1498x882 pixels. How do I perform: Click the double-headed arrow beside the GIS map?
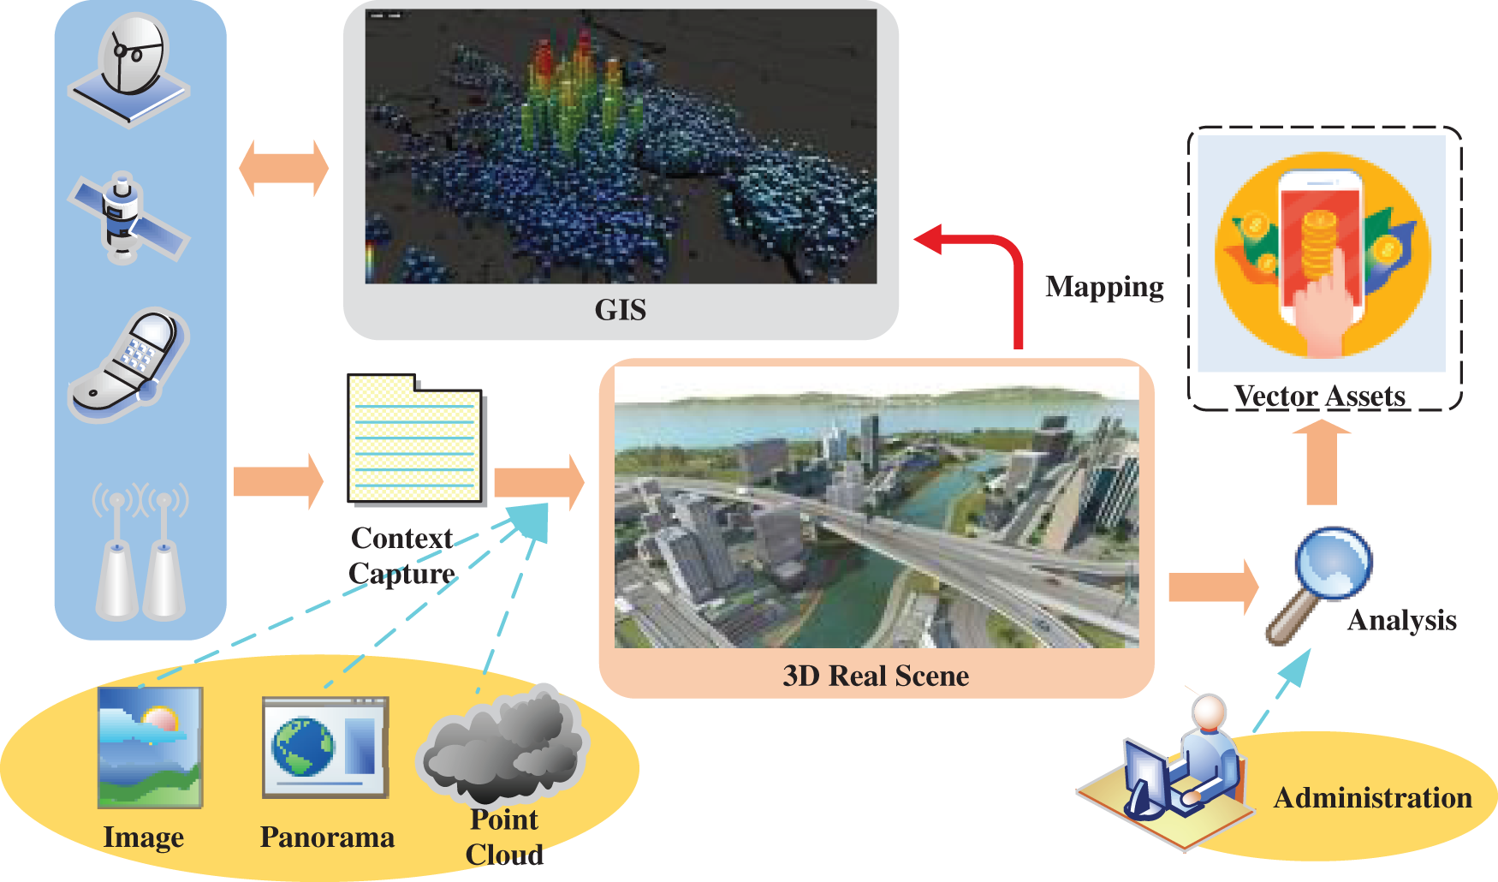click(283, 168)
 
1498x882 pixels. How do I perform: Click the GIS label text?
click(621, 310)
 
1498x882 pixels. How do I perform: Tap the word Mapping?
click(1104, 287)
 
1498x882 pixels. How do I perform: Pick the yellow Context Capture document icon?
click(415, 439)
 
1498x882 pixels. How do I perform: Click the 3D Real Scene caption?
click(876, 676)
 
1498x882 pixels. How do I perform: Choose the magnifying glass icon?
click(1323, 582)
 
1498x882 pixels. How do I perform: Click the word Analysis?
click(1401, 620)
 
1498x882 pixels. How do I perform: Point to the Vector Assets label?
click(1319, 396)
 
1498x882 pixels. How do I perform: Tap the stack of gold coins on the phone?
click(1319, 244)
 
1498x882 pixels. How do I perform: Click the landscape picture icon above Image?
click(150, 747)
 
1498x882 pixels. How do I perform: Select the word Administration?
click(1372, 798)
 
